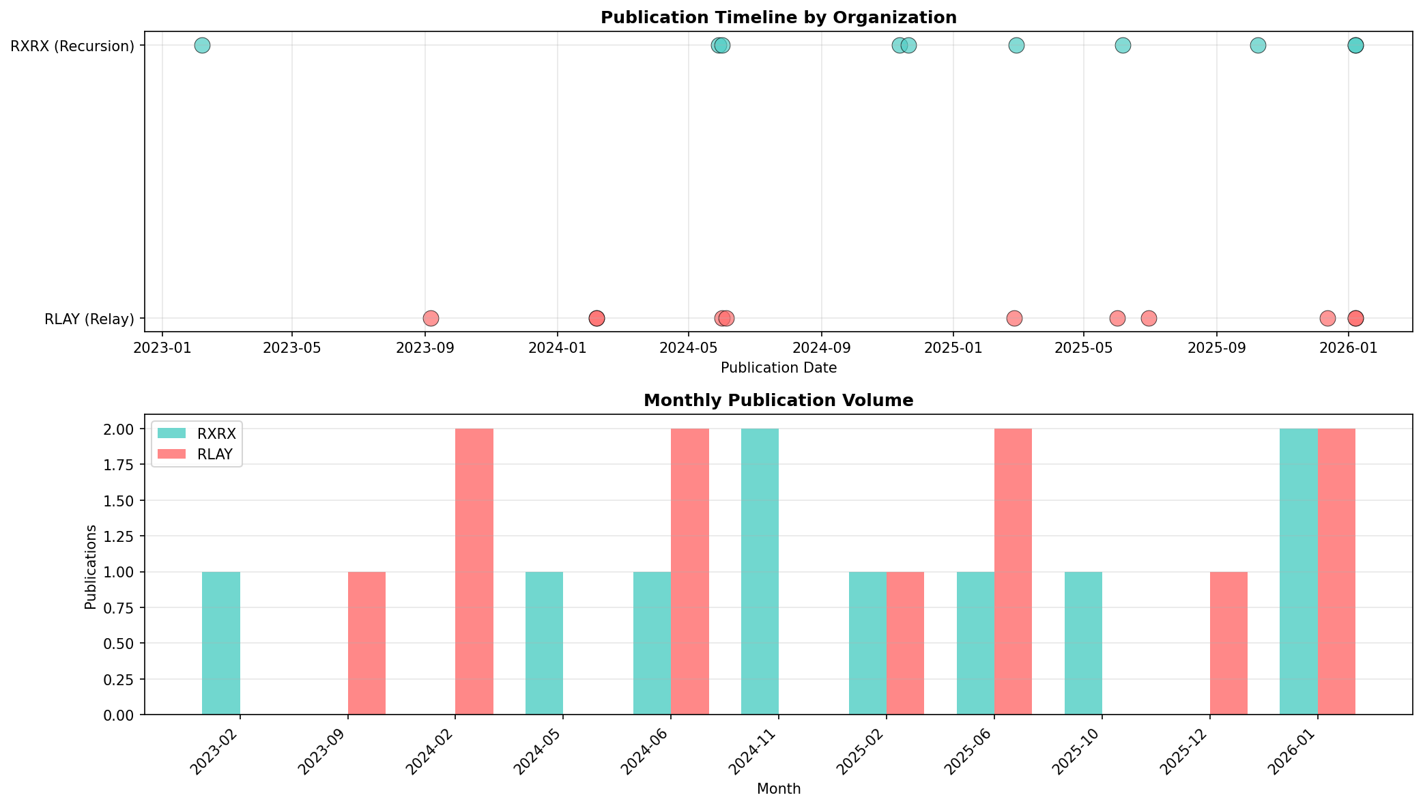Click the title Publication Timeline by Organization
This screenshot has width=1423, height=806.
pos(778,18)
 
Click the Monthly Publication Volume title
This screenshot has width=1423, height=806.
pos(778,401)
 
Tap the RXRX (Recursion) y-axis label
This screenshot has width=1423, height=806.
pos(72,46)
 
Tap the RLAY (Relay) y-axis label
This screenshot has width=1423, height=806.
pos(89,319)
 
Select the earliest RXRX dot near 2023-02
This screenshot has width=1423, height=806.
pos(202,46)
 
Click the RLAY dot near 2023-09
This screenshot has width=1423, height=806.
pos(431,319)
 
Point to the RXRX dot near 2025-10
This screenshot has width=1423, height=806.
pos(1258,46)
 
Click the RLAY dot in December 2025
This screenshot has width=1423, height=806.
pos(1327,319)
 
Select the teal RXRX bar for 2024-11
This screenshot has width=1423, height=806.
pos(760,572)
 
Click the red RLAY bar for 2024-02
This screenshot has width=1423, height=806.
pos(474,572)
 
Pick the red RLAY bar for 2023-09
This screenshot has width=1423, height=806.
pos(366,643)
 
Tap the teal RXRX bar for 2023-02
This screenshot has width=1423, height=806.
pos(221,643)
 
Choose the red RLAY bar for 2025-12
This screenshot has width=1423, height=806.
pos(1228,643)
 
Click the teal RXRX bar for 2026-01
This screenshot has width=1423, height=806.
pos(1298,572)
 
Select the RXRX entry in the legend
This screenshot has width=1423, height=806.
pos(216,434)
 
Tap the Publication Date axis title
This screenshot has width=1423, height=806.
pos(778,369)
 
